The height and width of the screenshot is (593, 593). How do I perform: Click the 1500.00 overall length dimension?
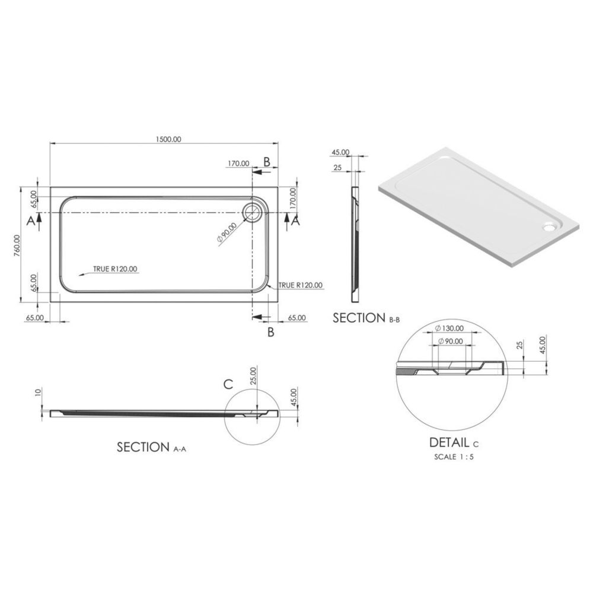[x=168, y=139]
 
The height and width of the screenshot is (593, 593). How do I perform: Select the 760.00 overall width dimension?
[x=17, y=246]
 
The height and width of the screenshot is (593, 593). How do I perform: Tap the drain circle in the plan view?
[x=252, y=212]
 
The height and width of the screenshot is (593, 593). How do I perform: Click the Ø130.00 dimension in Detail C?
[x=449, y=329]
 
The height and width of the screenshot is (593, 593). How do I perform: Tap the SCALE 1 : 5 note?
[x=454, y=457]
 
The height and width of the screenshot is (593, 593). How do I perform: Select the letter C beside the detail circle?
[x=228, y=384]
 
